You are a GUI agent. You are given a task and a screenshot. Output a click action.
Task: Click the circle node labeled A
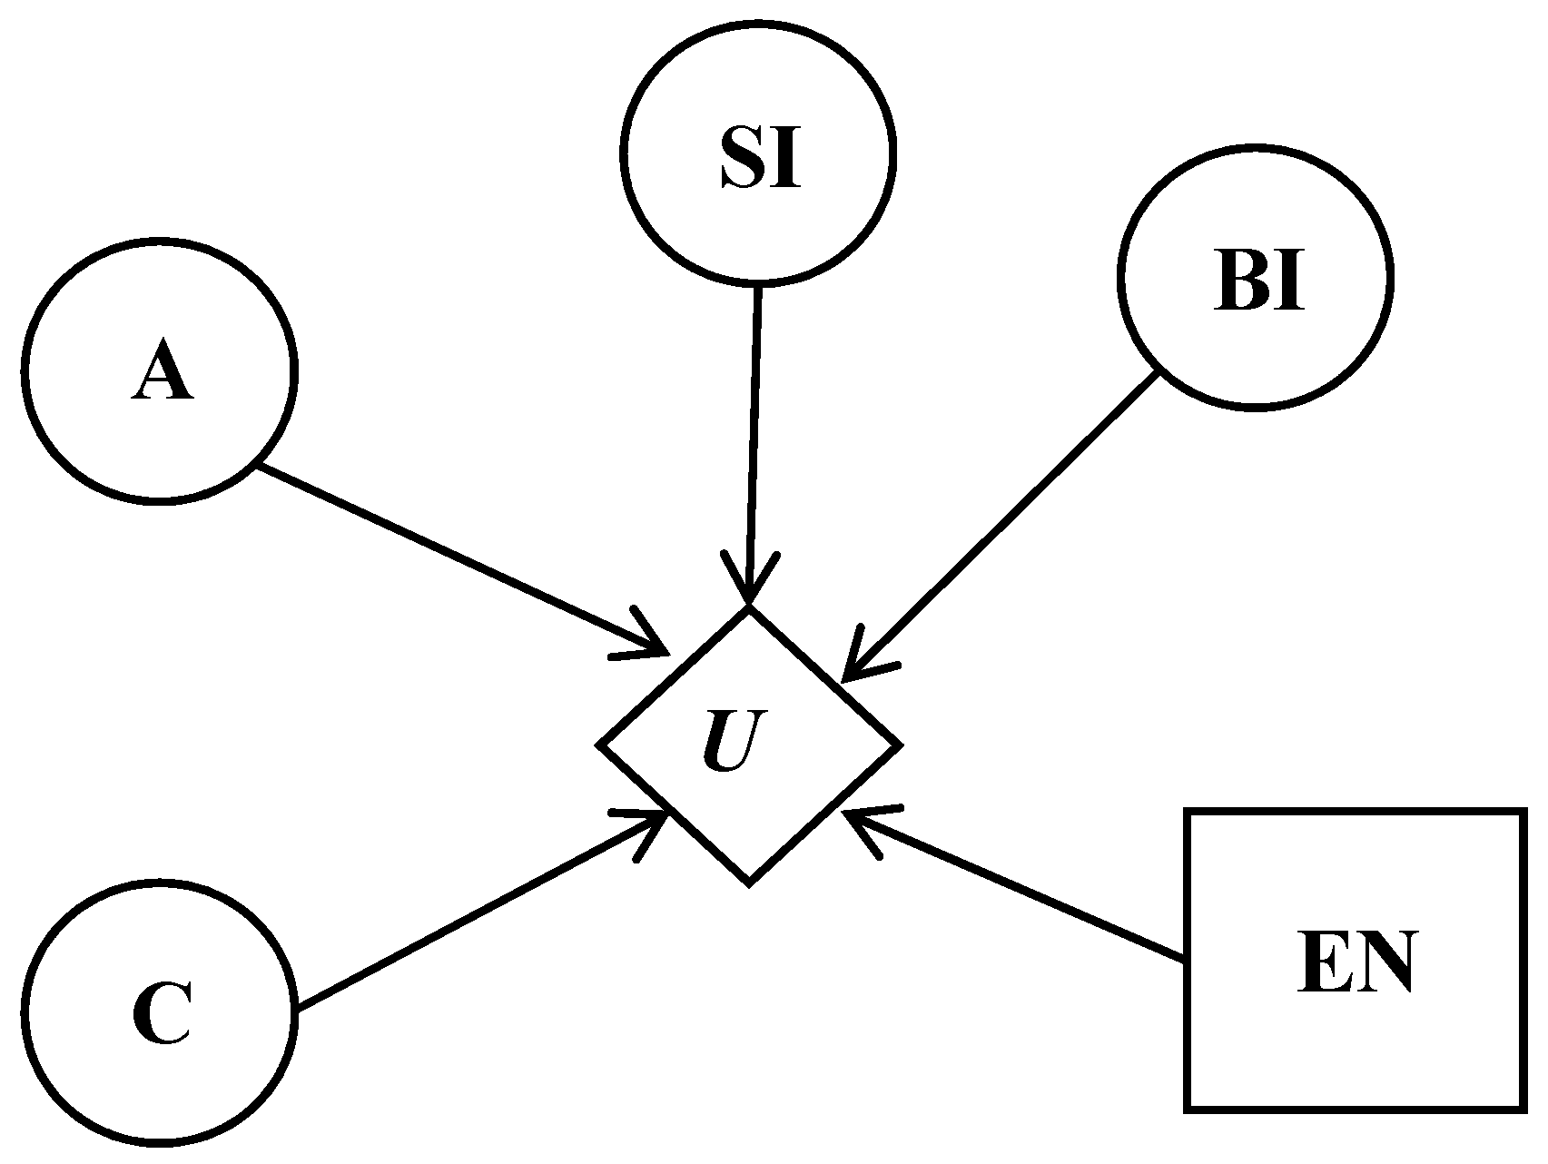pos(160,370)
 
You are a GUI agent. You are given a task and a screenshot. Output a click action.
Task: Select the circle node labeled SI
pos(760,152)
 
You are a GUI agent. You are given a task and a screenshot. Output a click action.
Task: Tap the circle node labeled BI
pos(1255,277)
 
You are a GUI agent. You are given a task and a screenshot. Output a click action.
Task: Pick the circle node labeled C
pos(160,1013)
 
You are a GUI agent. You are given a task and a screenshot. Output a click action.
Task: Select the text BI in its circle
pos(1258,284)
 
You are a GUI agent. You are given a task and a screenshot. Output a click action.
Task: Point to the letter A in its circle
pos(162,375)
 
